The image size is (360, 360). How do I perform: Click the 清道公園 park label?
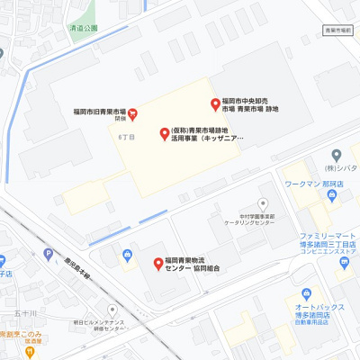click(83, 29)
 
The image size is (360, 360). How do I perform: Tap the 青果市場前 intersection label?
click(337, 31)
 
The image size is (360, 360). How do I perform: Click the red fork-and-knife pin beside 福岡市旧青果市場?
click(132, 112)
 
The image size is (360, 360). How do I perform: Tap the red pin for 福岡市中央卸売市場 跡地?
click(215, 103)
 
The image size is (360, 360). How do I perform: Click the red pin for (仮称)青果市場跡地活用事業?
click(164, 134)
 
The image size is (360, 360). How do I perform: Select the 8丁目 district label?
click(125, 137)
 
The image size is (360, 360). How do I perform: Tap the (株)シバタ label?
click(342, 168)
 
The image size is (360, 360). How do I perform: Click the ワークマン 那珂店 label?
click(305, 184)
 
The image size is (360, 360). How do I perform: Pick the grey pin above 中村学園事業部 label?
click(263, 203)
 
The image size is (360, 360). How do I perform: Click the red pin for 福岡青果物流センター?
click(157, 263)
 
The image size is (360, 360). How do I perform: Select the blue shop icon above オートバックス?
click(306, 293)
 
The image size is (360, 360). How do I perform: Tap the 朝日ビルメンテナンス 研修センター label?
click(101, 325)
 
